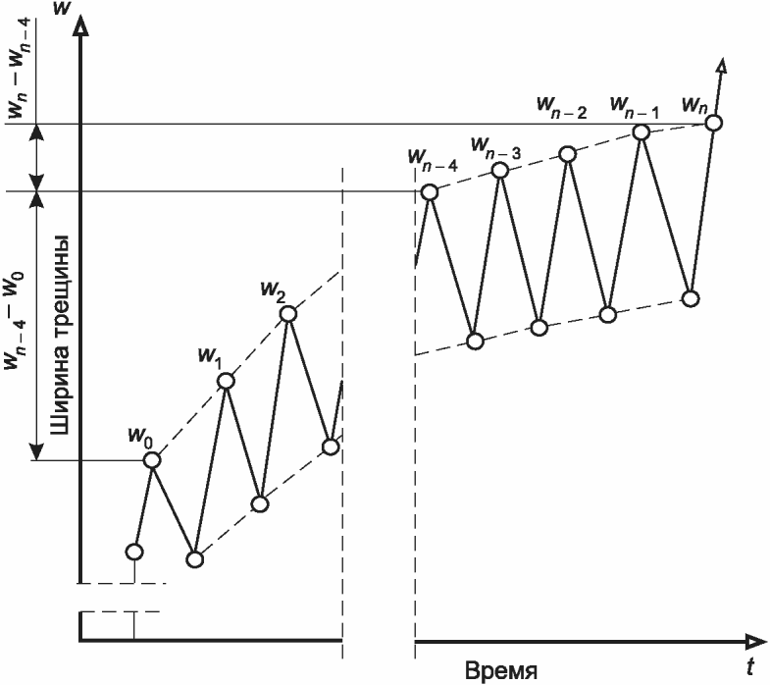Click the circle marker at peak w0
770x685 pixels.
pyautogui.click(x=152, y=459)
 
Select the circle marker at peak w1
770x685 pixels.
pyautogui.click(x=226, y=381)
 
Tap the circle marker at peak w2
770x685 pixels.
pyautogui.click(x=287, y=314)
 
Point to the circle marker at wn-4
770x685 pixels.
pyautogui.click(x=429, y=192)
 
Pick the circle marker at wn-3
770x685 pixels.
pyautogui.click(x=499, y=171)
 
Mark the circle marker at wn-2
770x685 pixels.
pyautogui.click(x=567, y=152)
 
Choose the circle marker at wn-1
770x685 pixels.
pyautogui.click(x=641, y=132)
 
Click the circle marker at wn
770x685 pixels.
pyautogui.click(x=714, y=123)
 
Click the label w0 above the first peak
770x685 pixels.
pyautogui.click(x=140, y=433)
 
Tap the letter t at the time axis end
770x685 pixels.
pyautogui.click(x=749, y=668)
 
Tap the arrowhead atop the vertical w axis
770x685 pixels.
pyautogui.click(x=83, y=27)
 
